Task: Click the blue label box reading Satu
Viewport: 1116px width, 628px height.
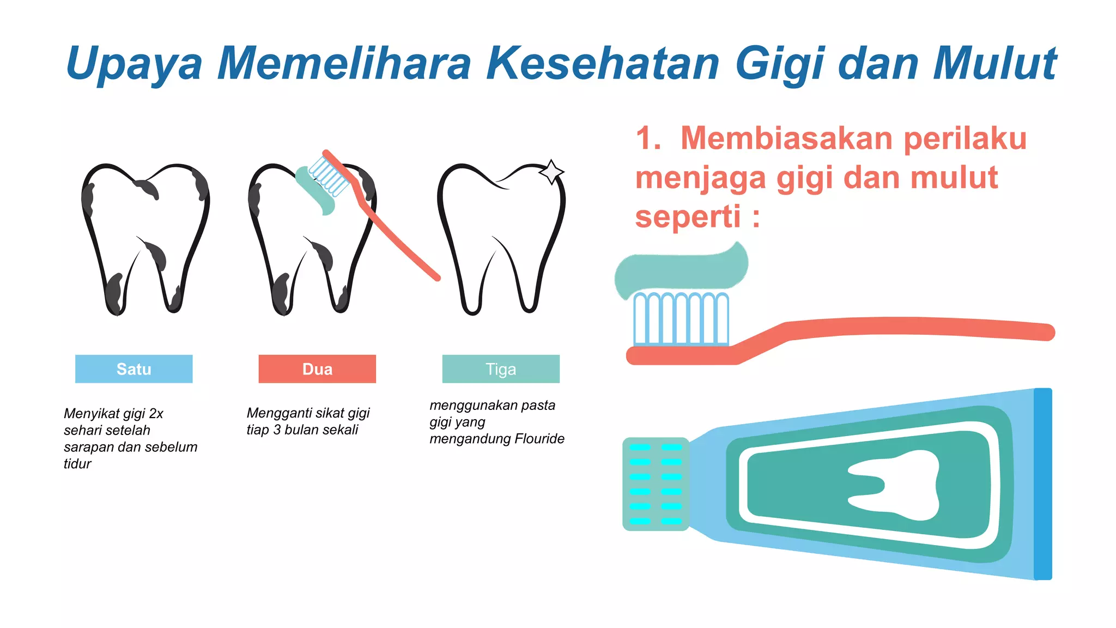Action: click(x=134, y=369)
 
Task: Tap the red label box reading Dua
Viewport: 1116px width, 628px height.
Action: click(x=317, y=369)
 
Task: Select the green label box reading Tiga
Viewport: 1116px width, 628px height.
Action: click(x=501, y=369)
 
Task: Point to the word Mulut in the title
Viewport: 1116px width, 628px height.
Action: click(x=994, y=63)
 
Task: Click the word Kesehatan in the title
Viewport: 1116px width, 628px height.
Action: click(x=603, y=63)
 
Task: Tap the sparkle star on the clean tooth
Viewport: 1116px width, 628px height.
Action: click(x=551, y=172)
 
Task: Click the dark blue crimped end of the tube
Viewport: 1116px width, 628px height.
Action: click(x=1042, y=484)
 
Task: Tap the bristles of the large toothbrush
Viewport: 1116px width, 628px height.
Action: click(x=681, y=319)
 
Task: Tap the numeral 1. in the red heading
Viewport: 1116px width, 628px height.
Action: click(x=648, y=138)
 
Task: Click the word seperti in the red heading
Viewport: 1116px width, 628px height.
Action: click(x=688, y=217)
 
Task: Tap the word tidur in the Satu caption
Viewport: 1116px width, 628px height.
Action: click(x=77, y=464)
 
